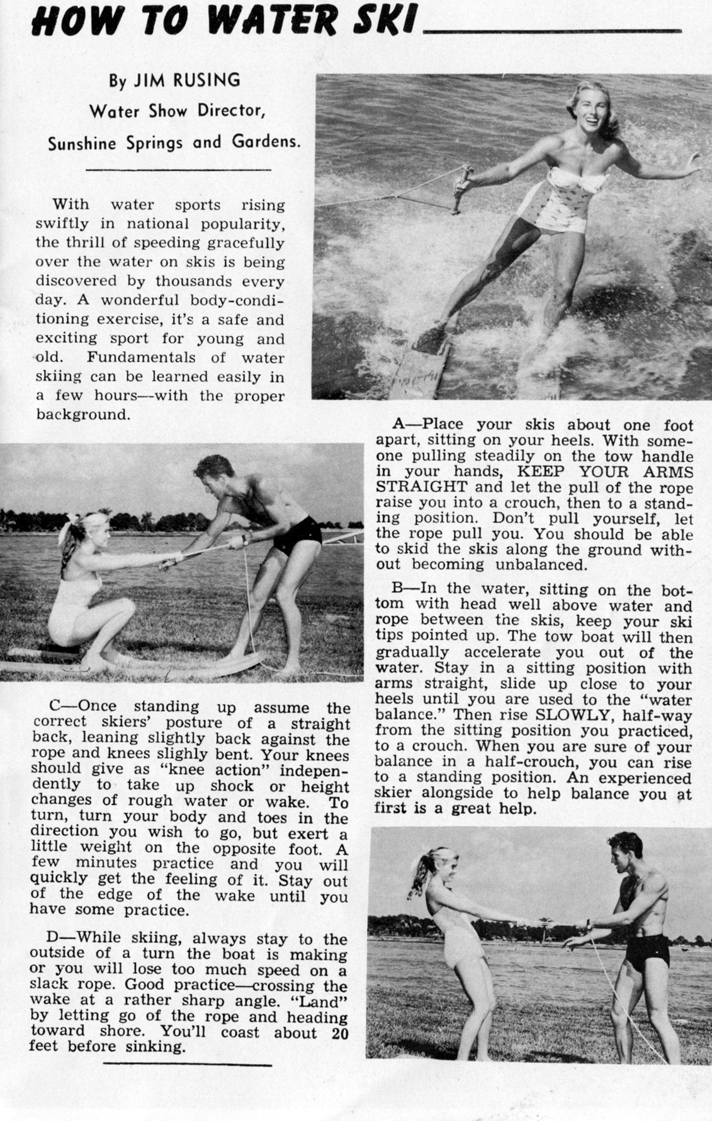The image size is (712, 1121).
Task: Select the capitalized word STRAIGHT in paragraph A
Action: click(x=422, y=487)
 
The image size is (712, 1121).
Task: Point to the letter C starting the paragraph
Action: click(x=54, y=706)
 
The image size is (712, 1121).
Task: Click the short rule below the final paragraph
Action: click(x=187, y=1065)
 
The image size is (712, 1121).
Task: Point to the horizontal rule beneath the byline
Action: click(x=180, y=170)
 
